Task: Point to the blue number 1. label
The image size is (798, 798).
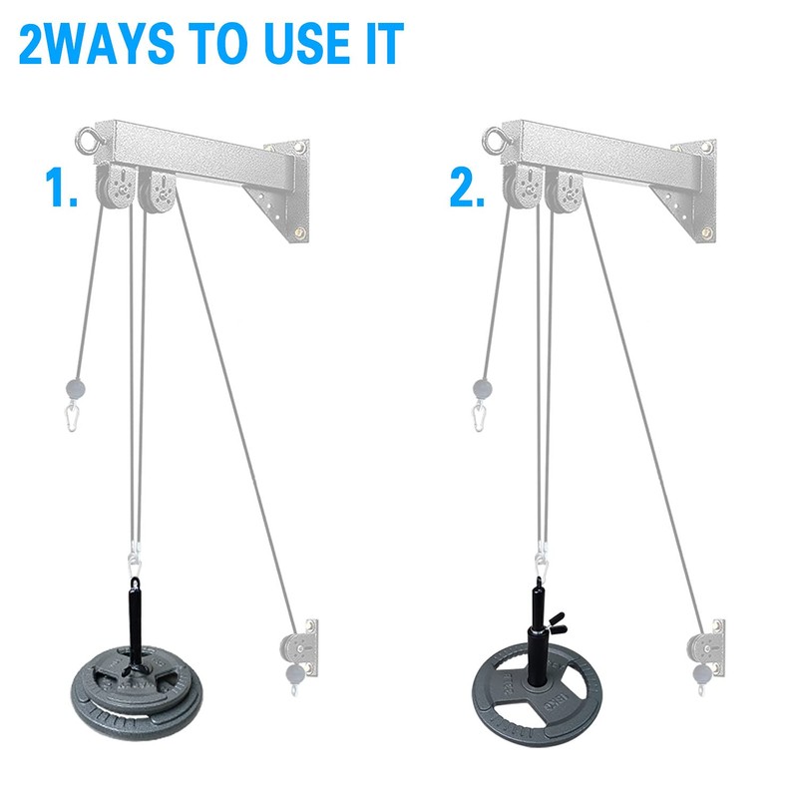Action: [61, 187]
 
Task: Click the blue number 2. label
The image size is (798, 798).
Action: [467, 187]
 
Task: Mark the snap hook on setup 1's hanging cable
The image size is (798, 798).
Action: [74, 413]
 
